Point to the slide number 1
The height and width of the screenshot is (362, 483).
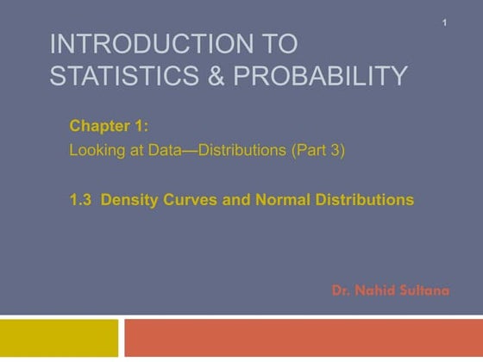point(444,22)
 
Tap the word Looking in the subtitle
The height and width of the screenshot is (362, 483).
point(95,150)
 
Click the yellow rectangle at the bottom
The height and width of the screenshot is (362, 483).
point(59,338)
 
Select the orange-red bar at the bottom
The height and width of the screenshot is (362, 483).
point(302,338)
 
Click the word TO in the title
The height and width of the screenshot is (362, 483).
point(274,43)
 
